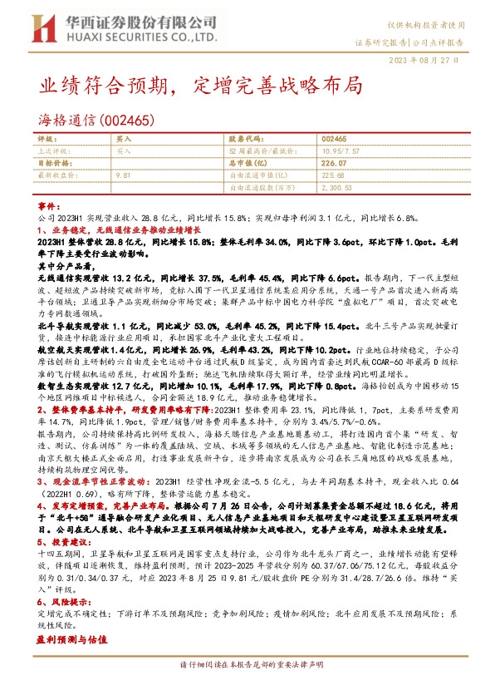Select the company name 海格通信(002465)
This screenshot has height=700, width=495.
98,121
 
